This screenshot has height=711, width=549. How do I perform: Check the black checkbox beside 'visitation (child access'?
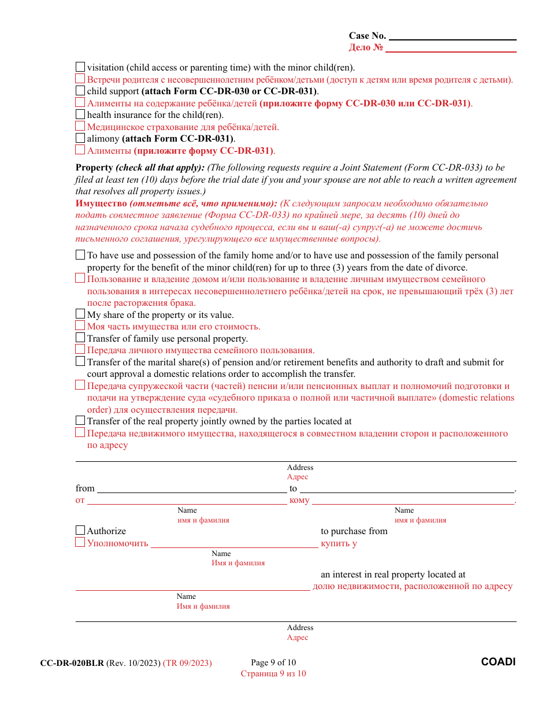[x=80, y=67]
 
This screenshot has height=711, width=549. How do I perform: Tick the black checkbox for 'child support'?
[x=80, y=91]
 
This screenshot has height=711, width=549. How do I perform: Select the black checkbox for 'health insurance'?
[x=80, y=114]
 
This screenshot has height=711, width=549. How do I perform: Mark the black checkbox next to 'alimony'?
[x=80, y=138]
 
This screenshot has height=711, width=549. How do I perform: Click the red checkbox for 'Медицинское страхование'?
[x=80, y=126]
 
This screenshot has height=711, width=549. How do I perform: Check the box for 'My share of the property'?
[x=80, y=314]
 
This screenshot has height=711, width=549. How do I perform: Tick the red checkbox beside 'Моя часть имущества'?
[x=80, y=325]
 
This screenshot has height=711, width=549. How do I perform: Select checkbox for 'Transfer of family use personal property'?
[x=80, y=338]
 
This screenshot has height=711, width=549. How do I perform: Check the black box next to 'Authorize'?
[x=80, y=530]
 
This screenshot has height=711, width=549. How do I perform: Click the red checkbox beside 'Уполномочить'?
[x=80, y=542]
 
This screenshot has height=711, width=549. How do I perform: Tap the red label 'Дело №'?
[x=366, y=48]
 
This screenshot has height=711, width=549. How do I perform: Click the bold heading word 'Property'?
[x=94, y=168]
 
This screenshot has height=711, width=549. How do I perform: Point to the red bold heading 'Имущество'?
[x=101, y=203]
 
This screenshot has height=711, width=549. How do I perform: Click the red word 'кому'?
[x=299, y=501]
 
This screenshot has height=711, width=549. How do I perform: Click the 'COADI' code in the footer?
[x=498, y=662]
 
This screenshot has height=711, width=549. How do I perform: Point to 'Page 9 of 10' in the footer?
[x=273, y=663]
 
